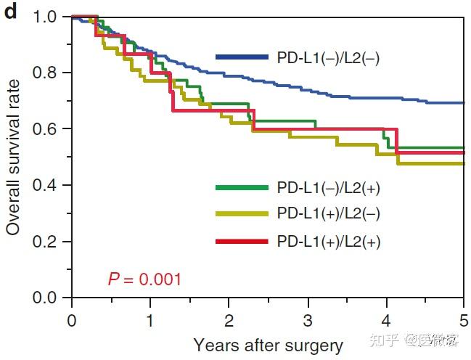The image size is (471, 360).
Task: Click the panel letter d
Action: pyautogui.click(x=11, y=13)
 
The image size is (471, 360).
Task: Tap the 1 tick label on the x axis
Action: pyautogui.click(x=150, y=320)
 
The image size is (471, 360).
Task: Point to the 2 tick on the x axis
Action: pyautogui.click(x=229, y=320)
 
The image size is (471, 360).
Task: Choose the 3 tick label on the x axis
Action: pyautogui.click(x=307, y=320)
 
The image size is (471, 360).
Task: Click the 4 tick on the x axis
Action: pyautogui.click(x=385, y=320)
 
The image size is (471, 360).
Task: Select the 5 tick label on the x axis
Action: pyautogui.click(x=462, y=320)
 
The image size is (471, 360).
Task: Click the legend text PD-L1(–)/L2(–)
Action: pyautogui.click(x=328, y=57)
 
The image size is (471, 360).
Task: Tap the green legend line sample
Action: pyautogui.click(x=242, y=188)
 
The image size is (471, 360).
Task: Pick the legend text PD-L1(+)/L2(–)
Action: pyautogui.click(x=329, y=214)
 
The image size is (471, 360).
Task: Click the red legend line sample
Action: pyautogui.click(x=242, y=240)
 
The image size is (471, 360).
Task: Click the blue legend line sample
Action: pyautogui.click(x=242, y=57)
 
